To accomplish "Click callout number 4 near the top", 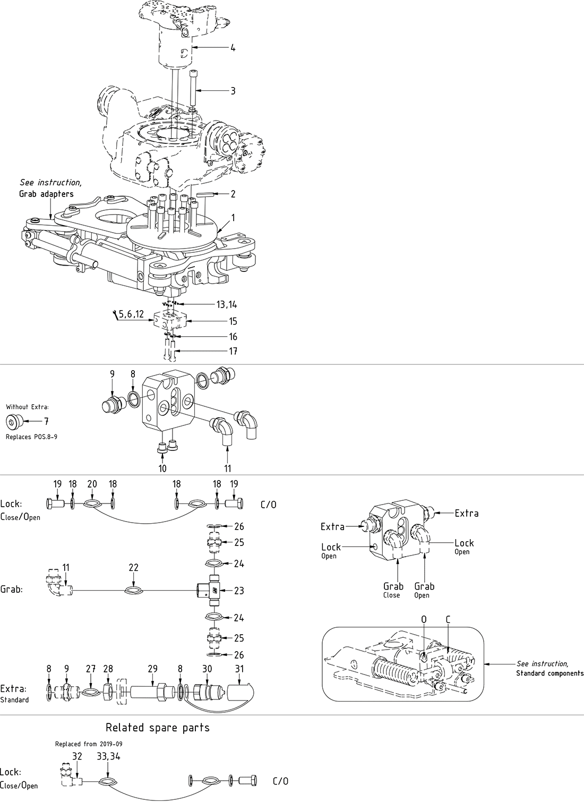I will tap(233, 48).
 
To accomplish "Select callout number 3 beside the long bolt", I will tap(233, 91).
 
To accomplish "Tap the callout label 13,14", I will tap(227, 304).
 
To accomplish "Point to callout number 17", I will tap(233, 351).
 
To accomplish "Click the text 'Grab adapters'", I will tap(46, 194).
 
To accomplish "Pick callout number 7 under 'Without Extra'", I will tap(46, 422).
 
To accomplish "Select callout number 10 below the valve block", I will tap(162, 468).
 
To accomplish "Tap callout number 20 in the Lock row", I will tap(92, 484).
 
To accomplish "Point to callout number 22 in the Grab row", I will tap(133, 567).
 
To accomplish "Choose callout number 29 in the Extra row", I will tap(152, 669).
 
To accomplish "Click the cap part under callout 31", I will tap(241, 693).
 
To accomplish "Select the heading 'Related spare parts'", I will tap(158, 728).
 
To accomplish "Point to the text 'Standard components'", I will tap(549, 673).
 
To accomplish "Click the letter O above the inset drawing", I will tap(424, 619).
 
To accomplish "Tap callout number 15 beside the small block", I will tap(233, 321).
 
